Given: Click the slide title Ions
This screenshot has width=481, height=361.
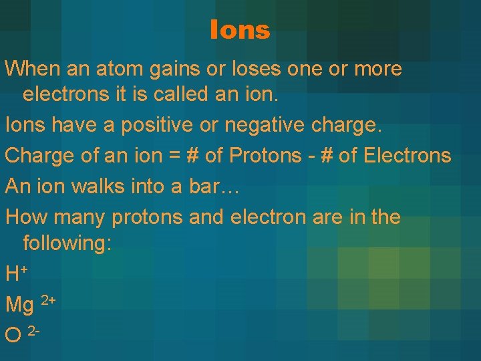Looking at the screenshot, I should click(x=240, y=30).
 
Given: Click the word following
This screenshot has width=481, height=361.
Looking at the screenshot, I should click(x=67, y=243).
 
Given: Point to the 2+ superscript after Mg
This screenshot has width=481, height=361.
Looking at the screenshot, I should click(x=49, y=300).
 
